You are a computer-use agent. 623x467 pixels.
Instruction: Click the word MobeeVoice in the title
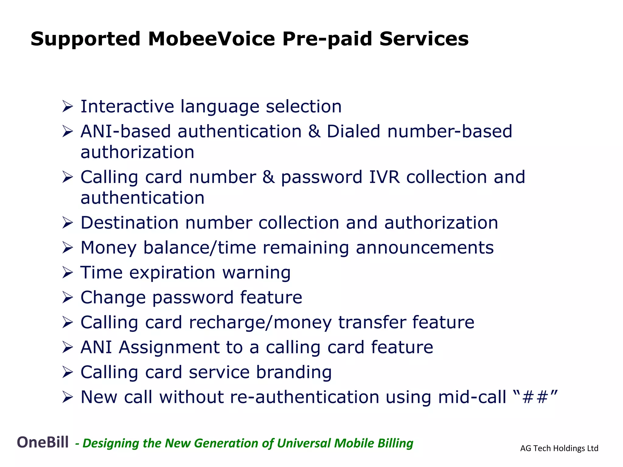tap(211, 39)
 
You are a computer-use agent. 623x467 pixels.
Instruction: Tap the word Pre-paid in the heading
tap(327, 39)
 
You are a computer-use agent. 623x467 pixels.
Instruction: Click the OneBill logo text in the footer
tap(43, 442)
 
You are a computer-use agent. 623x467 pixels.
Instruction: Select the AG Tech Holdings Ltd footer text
tap(559, 448)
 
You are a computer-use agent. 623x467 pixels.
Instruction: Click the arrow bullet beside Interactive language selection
tap(68, 107)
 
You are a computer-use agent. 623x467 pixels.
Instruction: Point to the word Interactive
tap(127, 106)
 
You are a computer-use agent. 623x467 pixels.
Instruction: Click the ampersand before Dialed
tap(314, 131)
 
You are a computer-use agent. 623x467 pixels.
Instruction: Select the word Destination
tap(129, 223)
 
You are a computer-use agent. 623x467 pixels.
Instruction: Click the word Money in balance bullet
tap(108, 247)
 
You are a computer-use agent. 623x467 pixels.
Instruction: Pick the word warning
tap(256, 272)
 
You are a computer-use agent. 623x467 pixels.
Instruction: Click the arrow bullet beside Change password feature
tap(68, 297)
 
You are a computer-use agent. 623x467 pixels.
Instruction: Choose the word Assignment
tap(169, 347)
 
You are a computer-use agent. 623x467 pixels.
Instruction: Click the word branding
tap(294, 372)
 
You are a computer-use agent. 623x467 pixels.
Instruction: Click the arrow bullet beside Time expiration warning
tap(68, 272)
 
